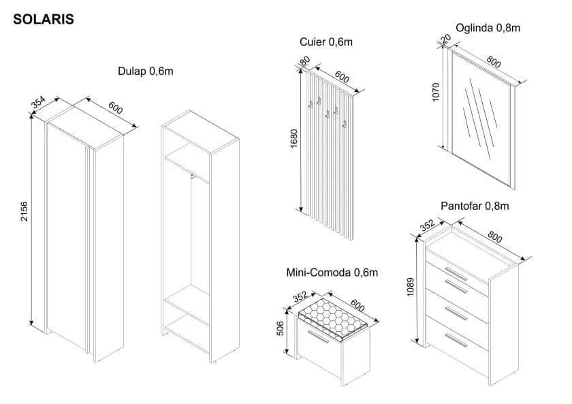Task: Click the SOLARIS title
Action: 44,20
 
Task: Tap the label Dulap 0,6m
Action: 146,72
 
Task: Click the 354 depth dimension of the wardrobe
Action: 38,102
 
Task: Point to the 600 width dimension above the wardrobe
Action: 116,109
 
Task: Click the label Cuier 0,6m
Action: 326,42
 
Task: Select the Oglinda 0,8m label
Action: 488,28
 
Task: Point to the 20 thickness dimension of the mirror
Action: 447,39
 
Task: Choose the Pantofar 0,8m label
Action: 475,206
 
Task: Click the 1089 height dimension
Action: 411,288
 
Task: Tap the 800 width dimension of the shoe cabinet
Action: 495,237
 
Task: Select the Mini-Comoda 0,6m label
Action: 332,273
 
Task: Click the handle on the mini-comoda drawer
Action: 318,337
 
